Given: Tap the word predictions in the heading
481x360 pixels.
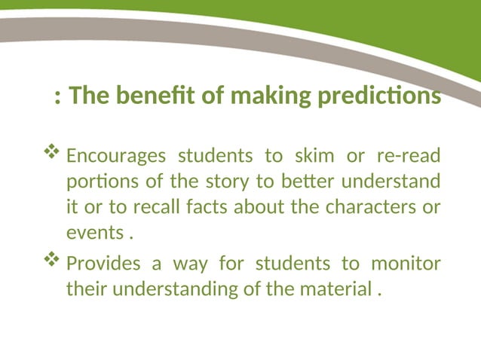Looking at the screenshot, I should [383, 97].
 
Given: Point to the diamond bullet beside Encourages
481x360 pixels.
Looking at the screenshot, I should [52, 154].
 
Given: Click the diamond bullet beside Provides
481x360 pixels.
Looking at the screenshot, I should [52, 261].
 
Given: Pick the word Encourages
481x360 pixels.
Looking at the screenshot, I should [115, 157].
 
